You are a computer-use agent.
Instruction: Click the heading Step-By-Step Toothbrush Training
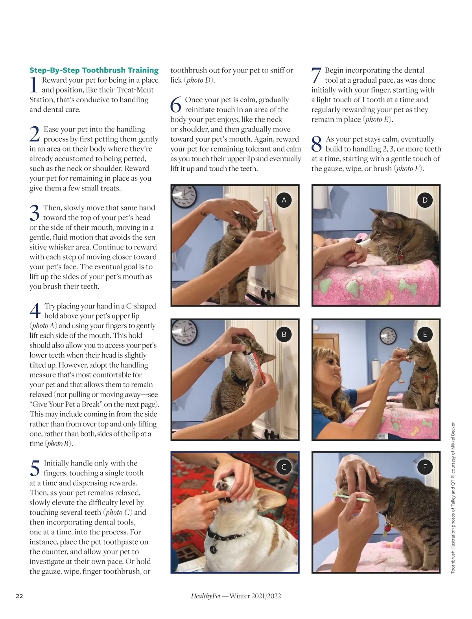94,70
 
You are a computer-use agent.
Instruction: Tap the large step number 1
34,85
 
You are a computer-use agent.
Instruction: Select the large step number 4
35,311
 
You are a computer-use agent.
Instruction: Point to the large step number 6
175,105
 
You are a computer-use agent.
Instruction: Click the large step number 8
317,144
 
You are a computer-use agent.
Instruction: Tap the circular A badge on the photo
284,200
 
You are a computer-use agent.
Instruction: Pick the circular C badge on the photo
284,467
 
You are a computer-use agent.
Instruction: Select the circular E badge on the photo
425,334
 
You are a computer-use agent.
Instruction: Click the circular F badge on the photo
425,467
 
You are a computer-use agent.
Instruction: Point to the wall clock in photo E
388,336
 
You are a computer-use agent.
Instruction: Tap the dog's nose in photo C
221,485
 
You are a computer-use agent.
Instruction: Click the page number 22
19,596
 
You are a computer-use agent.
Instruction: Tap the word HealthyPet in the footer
206,596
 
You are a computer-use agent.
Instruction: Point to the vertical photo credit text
453,498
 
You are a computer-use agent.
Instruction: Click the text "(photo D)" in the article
199,80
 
